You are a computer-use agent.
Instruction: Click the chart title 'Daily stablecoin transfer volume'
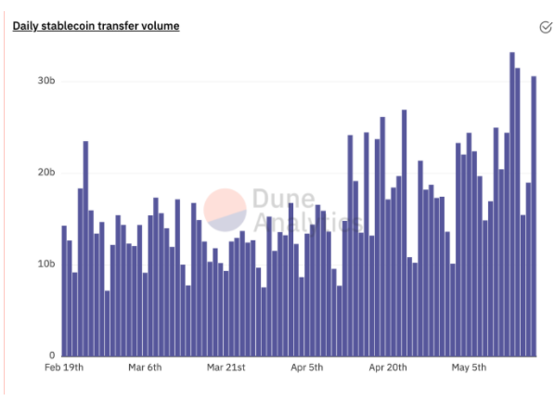[96, 26]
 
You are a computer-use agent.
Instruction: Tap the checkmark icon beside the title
[546, 27]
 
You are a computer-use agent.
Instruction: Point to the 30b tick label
[46, 81]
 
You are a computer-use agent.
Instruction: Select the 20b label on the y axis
[46, 173]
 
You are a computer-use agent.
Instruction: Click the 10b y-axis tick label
[46, 264]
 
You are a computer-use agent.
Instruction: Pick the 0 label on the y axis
[52, 355]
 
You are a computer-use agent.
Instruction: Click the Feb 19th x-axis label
[64, 368]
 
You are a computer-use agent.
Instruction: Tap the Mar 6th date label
[145, 368]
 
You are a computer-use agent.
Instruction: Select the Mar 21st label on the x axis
[226, 368]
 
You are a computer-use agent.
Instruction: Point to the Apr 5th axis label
[307, 368]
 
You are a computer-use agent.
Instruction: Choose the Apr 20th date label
[388, 368]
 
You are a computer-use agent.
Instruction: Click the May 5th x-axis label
[469, 368]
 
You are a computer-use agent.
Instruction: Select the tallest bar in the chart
[512, 204]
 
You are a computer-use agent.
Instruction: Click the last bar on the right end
[534, 216]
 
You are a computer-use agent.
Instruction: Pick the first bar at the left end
[64, 291]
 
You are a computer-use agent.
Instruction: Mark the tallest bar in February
[85, 249]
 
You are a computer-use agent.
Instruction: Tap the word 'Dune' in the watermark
[283, 199]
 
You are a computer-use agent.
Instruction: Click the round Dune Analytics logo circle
[225, 210]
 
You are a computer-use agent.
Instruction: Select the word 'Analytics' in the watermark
[309, 222]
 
